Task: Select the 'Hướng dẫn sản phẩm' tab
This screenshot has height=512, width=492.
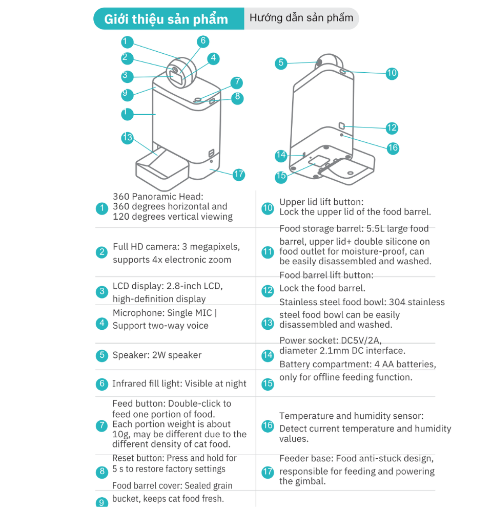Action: pyautogui.click(x=301, y=18)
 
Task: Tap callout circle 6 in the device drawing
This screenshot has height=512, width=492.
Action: pyautogui.click(x=203, y=41)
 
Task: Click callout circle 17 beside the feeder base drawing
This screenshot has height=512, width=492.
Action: pyautogui.click(x=239, y=174)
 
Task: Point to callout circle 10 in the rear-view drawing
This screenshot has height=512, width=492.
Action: pyautogui.click(x=392, y=73)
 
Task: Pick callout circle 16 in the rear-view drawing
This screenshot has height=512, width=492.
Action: pyautogui.click(x=393, y=148)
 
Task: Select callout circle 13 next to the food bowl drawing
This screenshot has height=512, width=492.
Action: pyautogui.click(x=127, y=137)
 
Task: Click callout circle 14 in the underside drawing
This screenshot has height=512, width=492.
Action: pyautogui.click(x=281, y=155)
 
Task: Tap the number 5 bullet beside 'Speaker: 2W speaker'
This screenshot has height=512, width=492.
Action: pyautogui.click(x=102, y=356)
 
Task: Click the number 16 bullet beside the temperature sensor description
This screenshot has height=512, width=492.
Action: pyautogui.click(x=268, y=425)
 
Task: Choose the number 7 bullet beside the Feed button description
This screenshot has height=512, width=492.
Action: pyautogui.click(x=102, y=425)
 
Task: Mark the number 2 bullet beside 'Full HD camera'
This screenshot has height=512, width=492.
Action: pyautogui.click(x=102, y=252)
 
